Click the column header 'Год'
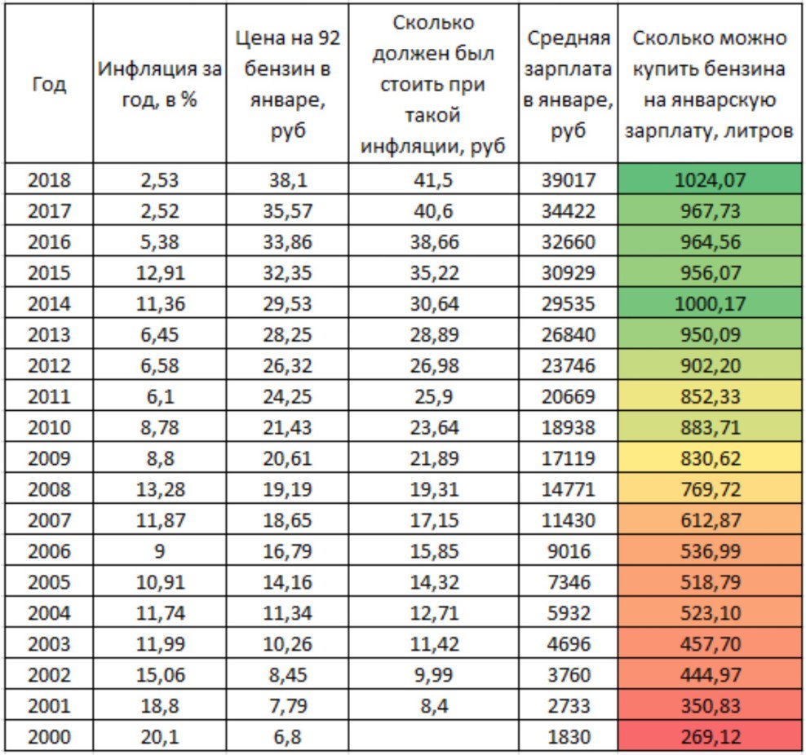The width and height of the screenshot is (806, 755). pyautogui.click(x=49, y=84)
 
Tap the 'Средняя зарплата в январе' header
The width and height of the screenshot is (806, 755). pyautogui.click(x=568, y=84)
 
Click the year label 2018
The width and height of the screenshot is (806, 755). pyautogui.click(x=49, y=180)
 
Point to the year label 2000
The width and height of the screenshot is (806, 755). pyautogui.click(x=49, y=737)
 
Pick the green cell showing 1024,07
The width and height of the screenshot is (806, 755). pyautogui.click(x=710, y=180)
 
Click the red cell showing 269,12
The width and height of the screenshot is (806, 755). pyautogui.click(x=710, y=737)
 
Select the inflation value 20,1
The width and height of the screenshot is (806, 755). pyautogui.click(x=160, y=737)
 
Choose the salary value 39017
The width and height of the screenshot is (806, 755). pyautogui.click(x=568, y=180)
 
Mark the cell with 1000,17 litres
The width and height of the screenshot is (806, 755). pyautogui.click(x=710, y=304)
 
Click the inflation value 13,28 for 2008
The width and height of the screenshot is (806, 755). pyautogui.click(x=160, y=489)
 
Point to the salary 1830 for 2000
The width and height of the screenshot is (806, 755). pyautogui.click(x=568, y=737)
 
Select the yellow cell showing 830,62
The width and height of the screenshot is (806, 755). pyautogui.click(x=710, y=458)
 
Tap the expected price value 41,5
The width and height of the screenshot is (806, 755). pyautogui.click(x=433, y=180)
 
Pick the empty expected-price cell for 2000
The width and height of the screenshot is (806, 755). pyautogui.click(x=433, y=737)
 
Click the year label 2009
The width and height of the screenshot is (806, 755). pyautogui.click(x=49, y=458)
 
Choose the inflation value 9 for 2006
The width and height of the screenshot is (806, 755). pyautogui.click(x=160, y=551)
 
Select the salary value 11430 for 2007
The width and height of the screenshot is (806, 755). pyautogui.click(x=568, y=520)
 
